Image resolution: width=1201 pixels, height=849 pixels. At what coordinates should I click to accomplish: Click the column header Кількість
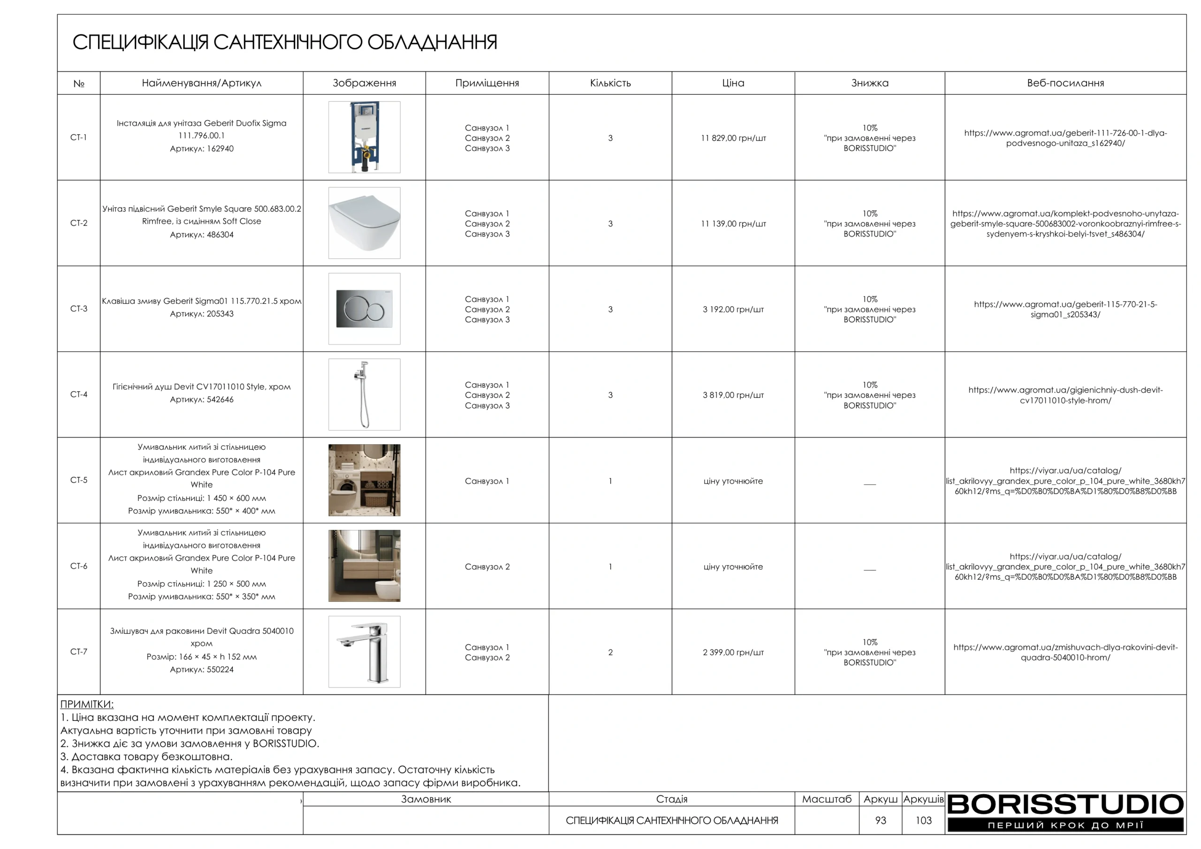pyautogui.click(x=610, y=83)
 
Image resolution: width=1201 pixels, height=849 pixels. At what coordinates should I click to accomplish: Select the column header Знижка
pyautogui.click(x=869, y=83)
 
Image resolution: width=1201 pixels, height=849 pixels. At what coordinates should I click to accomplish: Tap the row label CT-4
pyautogui.click(x=78, y=394)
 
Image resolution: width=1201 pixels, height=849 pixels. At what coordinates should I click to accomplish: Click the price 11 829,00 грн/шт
pyautogui.click(x=733, y=138)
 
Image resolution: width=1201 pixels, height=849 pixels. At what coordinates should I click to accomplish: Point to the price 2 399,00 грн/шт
pyautogui.click(x=733, y=652)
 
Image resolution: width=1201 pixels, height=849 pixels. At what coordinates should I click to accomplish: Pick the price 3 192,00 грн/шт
pyautogui.click(x=733, y=310)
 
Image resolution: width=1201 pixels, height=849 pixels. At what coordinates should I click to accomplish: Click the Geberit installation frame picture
pyautogui.click(x=364, y=137)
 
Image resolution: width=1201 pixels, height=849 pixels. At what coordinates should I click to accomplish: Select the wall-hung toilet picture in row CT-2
pyautogui.click(x=364, y=223)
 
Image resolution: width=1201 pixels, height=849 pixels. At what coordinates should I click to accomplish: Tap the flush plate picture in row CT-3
pyautogui.click(x=364, y=309)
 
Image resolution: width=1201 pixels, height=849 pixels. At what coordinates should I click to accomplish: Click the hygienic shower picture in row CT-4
pyautogui.click(x=364, y=394)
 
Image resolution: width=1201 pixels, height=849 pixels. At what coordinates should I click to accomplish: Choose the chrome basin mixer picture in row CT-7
pyautogui.click(x=364, y=652)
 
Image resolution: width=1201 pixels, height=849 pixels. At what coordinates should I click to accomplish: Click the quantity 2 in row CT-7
pyautogui.click(x=610, y=652)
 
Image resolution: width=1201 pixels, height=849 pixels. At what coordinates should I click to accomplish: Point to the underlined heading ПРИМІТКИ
pyautogui.click(x=87, y=704)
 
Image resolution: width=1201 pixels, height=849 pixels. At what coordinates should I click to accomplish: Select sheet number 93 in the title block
pyautogui.click(x=881, y=820)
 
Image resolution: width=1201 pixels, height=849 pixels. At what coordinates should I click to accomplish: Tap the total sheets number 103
pyautogui.click(x=923, y=820)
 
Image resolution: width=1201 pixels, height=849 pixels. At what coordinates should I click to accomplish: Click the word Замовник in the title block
pyautogui.click(x=426, y=799)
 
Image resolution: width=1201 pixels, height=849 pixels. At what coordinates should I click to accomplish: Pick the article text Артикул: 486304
pyautogui.click(x=201, y=235)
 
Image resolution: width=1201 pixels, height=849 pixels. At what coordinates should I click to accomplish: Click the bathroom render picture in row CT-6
pyautogui.click(x=364, y=566)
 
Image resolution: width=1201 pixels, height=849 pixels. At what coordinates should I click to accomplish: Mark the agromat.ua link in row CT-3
pyautogui.click(x=1065, y=309)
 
